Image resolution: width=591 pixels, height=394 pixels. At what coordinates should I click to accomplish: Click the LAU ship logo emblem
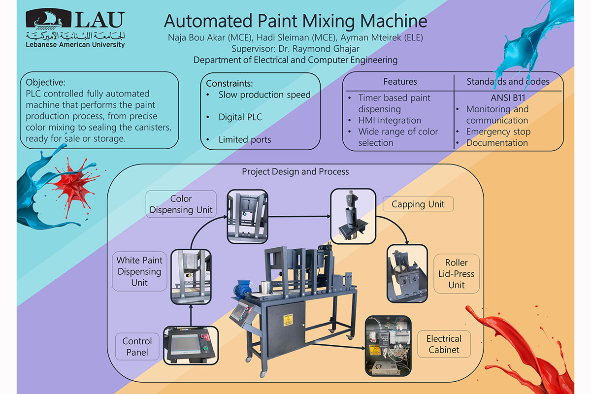[48, 19]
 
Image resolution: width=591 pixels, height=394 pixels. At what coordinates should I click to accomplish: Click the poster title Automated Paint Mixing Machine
[295, 21]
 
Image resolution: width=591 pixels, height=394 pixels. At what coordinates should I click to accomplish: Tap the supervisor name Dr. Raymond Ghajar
[319, 49]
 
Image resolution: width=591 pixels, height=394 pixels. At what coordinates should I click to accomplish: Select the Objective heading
[45, 82]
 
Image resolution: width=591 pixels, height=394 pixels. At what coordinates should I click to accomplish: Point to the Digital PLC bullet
[240, 117]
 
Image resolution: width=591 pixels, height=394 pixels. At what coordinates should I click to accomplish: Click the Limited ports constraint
[245, 139]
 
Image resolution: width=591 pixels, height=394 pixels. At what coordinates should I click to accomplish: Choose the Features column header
[400, 82]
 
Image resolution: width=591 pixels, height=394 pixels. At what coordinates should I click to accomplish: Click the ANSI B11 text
[508, 98]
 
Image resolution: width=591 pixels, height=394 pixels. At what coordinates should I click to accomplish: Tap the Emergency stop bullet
[498, 131]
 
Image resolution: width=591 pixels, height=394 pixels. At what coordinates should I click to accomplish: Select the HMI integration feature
[390, 120]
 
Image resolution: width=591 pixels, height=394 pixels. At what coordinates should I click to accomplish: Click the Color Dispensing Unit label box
[181, 204]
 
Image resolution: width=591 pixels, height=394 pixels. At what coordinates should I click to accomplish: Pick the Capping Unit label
[418, 204]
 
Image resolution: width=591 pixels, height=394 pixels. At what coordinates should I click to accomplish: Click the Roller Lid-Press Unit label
[457, 274]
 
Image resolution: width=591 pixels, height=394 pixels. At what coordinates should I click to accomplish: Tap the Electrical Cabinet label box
[444, 344]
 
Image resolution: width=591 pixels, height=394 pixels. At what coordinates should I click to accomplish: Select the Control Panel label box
[137, 347]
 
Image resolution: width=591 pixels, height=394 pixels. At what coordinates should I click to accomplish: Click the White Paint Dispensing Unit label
[139, 271]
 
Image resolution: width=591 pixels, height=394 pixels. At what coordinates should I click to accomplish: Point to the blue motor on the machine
[242, 289]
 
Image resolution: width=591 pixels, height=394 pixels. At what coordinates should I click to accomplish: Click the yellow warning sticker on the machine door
[288, 320]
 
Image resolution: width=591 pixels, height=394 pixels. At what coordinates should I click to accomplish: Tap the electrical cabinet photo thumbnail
[388, 346]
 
